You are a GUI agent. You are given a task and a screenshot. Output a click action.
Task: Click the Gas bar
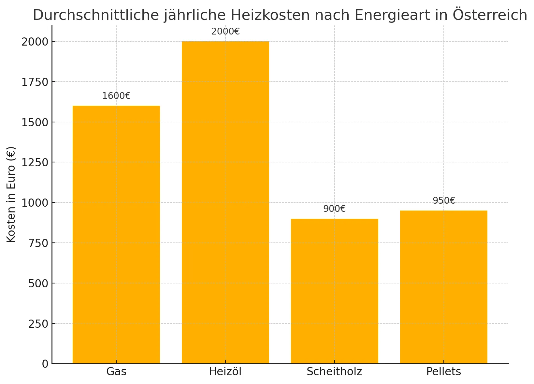pyautogui.click(x=116, y=234)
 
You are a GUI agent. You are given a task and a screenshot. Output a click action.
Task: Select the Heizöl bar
pyautogui.click(x=225, y=202)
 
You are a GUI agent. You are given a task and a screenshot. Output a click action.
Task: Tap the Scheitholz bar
pyautogui.click(x=335, y=291)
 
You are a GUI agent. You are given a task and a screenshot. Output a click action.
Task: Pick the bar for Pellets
pyautogui.click(x=444, y=287)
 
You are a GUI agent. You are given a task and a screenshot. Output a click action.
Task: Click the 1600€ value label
pyautogui.click(x=116, y=96)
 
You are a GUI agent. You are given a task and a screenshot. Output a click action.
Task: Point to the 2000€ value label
pyautogui.click(x=225, y=32)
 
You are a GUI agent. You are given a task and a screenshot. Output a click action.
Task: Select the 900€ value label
pyautogui.click(x=335, y=209)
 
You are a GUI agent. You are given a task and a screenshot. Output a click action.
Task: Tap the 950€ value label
pyautogui.click(x=444, y=201)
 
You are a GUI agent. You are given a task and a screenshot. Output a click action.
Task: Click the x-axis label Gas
pyautogui.click(x=116, y=372)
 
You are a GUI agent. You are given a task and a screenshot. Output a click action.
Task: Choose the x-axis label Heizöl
pyautogui.click(x=225, y=372)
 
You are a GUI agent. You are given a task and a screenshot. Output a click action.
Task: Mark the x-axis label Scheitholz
pyautogui.click(x=335, y=372)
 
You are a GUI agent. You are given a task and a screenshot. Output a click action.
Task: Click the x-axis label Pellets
pyautogui.click(x=444, y=372)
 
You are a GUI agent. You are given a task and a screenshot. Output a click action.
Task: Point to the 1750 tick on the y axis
pyautogui.click(x=35, y=82)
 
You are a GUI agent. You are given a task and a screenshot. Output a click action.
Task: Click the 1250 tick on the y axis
pyautogui.click(x=35, y=162)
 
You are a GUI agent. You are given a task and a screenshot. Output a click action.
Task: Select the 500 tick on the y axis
pyautogui.click(x=38, y=283)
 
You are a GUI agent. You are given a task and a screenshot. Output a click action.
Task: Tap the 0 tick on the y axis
pyautogui.click(x=45, y=364)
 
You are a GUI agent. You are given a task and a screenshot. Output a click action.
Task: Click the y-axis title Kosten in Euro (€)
pyautogui.click(x=11, y=195)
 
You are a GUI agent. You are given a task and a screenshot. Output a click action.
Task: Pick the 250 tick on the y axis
pyautogui.click(x=38, y=324)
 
